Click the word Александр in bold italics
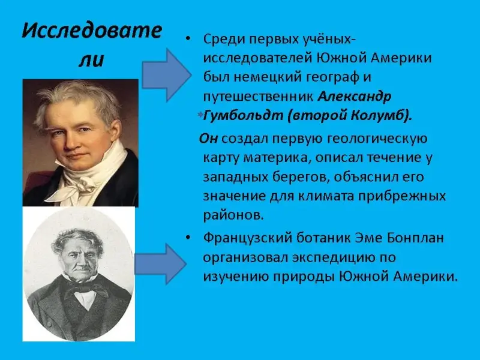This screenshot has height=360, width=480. [x=355, y=97]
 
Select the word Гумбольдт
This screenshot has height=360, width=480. [x=243, y=116]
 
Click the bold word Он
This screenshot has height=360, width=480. [x=208, y=139]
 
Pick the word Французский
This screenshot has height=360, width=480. [x=248, y=238]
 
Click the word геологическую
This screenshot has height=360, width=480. [x=377, y=139]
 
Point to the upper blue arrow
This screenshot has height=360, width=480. [x=166, y=75]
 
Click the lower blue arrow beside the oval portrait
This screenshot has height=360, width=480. [x=160, y=264]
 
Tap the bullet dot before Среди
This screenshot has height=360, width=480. [x=188, y=39]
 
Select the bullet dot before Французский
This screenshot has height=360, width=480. [x=188, y=238]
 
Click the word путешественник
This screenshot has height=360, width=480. [x=259, y=97]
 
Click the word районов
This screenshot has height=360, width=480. [x=233, y=215]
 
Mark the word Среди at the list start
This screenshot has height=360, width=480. [x=224, y=40]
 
